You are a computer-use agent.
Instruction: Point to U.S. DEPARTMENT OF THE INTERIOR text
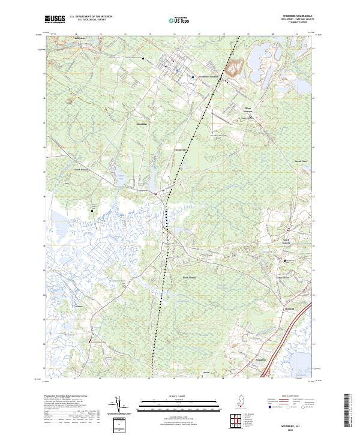pos(91,17)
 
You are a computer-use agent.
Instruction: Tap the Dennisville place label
pos(181,149)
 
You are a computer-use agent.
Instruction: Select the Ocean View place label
pos(301,161)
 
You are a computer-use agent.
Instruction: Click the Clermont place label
pos(291,309)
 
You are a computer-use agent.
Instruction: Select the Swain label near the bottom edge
pos(205,373)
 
